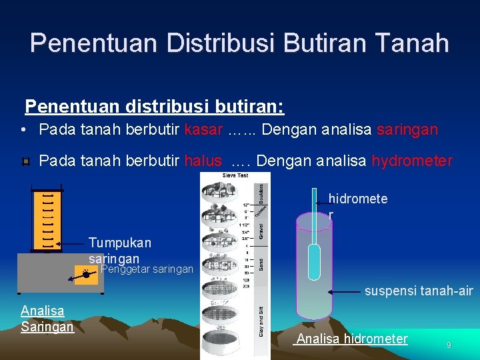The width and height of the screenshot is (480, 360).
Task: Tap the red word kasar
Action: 203,129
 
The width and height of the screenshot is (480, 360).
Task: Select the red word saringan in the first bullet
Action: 407,129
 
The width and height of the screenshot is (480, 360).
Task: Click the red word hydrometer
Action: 411,161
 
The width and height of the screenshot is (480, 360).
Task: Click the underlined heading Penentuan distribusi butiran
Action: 154,106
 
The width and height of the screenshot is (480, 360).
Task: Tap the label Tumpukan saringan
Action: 119,251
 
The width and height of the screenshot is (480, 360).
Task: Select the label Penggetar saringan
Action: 146,269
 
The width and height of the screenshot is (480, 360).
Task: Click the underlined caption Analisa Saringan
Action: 46,319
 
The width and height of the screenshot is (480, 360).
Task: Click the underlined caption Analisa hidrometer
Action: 351,339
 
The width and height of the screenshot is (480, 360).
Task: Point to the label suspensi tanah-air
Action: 418,291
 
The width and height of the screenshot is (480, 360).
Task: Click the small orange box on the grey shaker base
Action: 85,273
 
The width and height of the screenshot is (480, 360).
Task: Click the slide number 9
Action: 449,345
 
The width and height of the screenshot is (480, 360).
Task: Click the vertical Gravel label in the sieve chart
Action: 261,229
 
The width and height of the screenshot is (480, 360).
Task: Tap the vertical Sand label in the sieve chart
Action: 261,264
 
